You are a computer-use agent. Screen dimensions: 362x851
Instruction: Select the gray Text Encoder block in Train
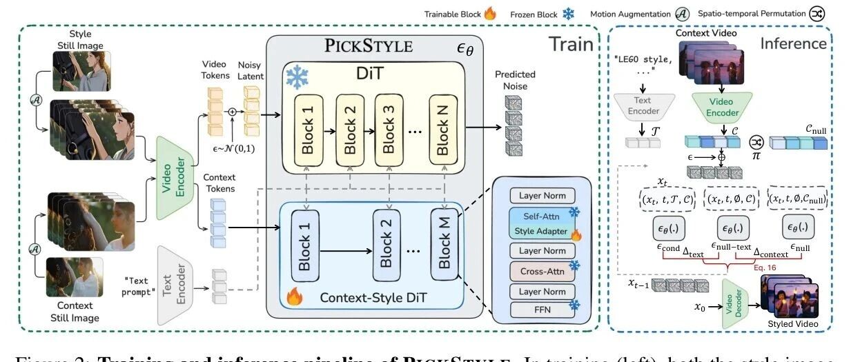174,285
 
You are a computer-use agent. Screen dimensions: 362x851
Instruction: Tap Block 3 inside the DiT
389,129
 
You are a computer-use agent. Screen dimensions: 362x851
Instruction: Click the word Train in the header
571,44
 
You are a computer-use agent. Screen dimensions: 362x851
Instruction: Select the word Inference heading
793,43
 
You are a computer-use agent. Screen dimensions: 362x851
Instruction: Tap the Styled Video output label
794,323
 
